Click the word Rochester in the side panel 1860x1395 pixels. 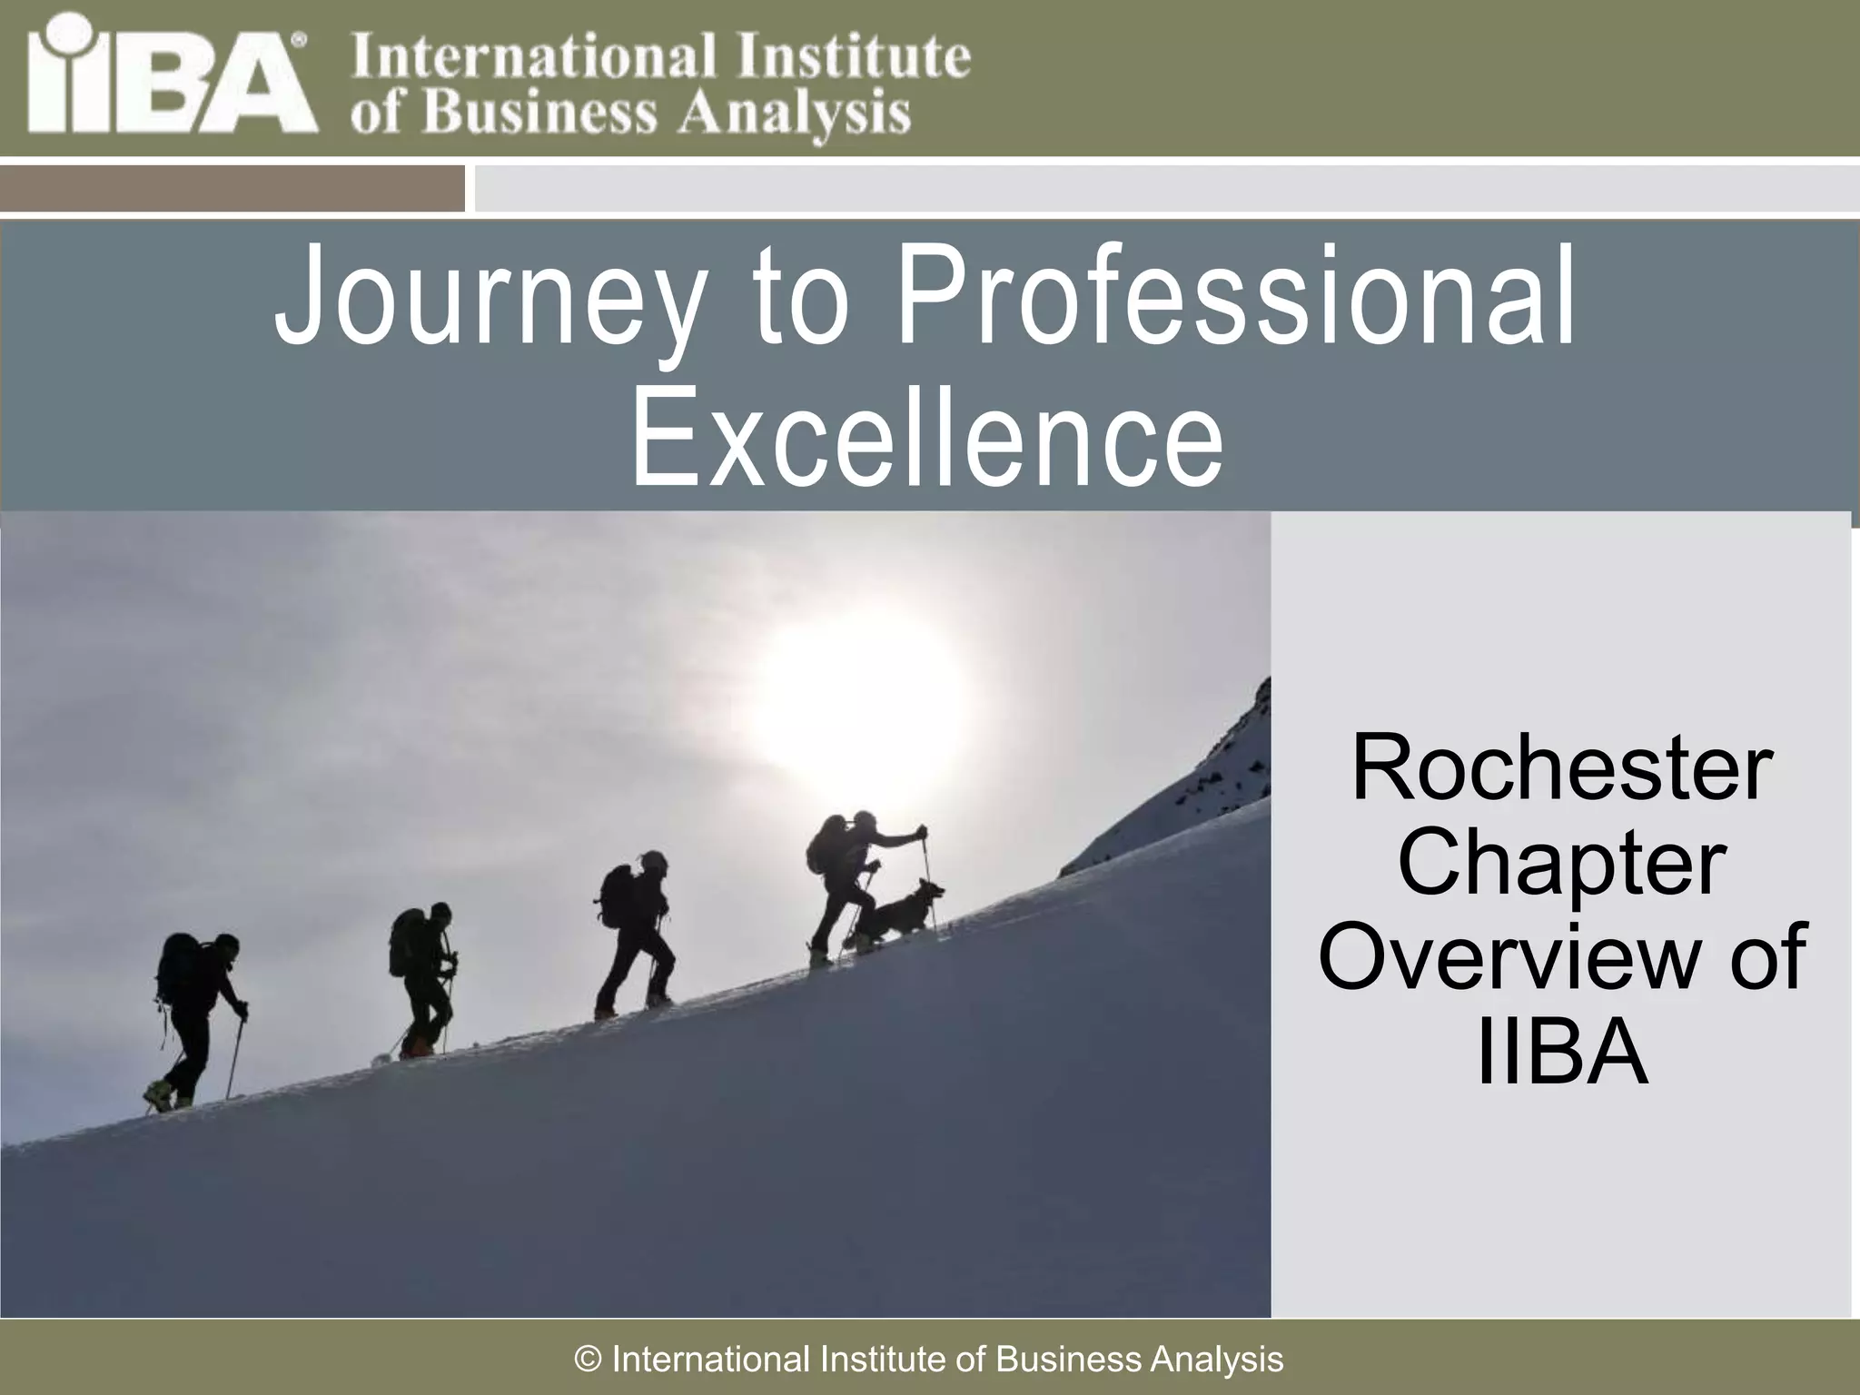[1561, 769]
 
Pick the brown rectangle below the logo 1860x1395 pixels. [232, 188]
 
